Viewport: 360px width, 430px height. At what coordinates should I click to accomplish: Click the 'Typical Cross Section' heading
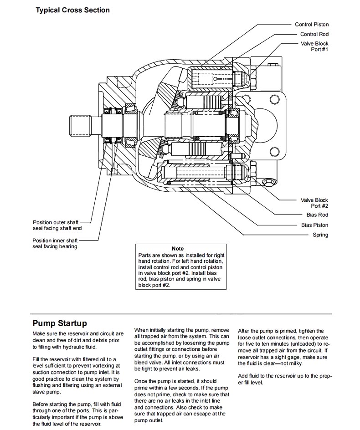(72, 10)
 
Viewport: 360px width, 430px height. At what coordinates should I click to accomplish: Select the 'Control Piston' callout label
(311, 25)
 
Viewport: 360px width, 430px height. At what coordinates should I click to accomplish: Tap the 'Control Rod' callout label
(314, 34)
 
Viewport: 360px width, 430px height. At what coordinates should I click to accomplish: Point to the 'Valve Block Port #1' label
(314, 46)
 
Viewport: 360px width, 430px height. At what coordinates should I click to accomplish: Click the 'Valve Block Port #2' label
(314, 203)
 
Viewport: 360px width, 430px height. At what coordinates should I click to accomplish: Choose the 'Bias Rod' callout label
(317, 215)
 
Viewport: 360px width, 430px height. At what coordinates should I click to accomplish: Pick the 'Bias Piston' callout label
(314, 225)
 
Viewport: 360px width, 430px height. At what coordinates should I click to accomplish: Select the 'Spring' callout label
(320, 235)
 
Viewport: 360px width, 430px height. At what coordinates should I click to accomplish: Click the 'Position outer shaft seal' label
(57, 225)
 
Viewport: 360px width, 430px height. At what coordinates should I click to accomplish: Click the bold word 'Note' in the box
(178, 249)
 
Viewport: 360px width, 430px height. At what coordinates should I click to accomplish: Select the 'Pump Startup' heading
(59, 323)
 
